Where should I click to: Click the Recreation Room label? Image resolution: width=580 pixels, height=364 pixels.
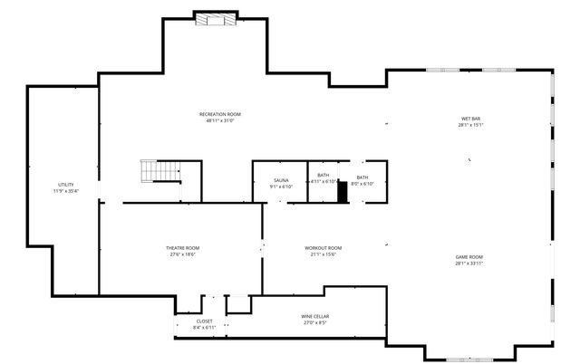pyautogui.click(x=220, y=114)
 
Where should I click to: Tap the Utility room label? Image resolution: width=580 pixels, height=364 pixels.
pyautogui.click(x=65, y=185)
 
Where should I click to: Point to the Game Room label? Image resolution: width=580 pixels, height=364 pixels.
pyautogui.click(x=469, y=257)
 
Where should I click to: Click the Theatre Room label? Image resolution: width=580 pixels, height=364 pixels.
pyautogui.click(x=182, y=248)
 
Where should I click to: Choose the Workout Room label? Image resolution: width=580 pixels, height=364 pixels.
pyautogui.click(x=323, y=248)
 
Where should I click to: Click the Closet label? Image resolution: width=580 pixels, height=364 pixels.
pyautogui.click(x=205, y=321)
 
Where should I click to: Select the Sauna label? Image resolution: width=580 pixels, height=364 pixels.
pyautogui.click(x=281, y=181)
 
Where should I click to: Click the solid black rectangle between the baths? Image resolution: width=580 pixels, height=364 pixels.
pyautogui.click(x=343, y=192)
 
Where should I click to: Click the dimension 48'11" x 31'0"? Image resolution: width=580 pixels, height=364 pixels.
pyautogui.click(x=220, y=120)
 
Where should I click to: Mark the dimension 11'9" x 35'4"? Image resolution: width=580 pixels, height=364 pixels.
pyautogui.click(x=65, y=191)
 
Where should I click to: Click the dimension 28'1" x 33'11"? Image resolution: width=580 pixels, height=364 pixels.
pyautogui.click(x=469, y=263)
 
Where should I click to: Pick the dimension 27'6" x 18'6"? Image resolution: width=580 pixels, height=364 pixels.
pyautogui.click(x=182, y=254)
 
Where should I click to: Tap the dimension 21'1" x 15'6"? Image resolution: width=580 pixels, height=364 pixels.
pyautogui.click(x=323, y=254)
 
